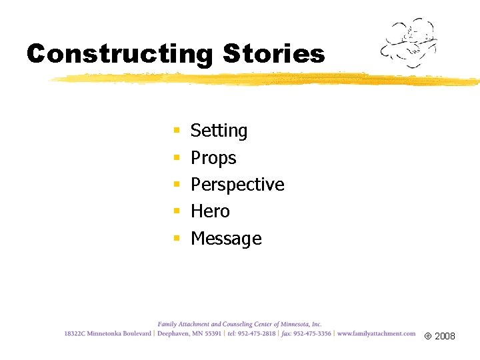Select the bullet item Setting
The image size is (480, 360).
(219, 131)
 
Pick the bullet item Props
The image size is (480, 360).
(213, 158)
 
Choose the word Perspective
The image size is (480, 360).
(237, 185)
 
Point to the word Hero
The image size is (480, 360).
(210, 211)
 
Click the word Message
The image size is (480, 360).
(226, 238)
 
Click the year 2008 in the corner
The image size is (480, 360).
(445, 337)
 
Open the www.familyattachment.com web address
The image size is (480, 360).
(376, 333)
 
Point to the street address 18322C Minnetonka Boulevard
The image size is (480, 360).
(108, 333)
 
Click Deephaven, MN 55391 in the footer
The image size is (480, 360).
(189, 333)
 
